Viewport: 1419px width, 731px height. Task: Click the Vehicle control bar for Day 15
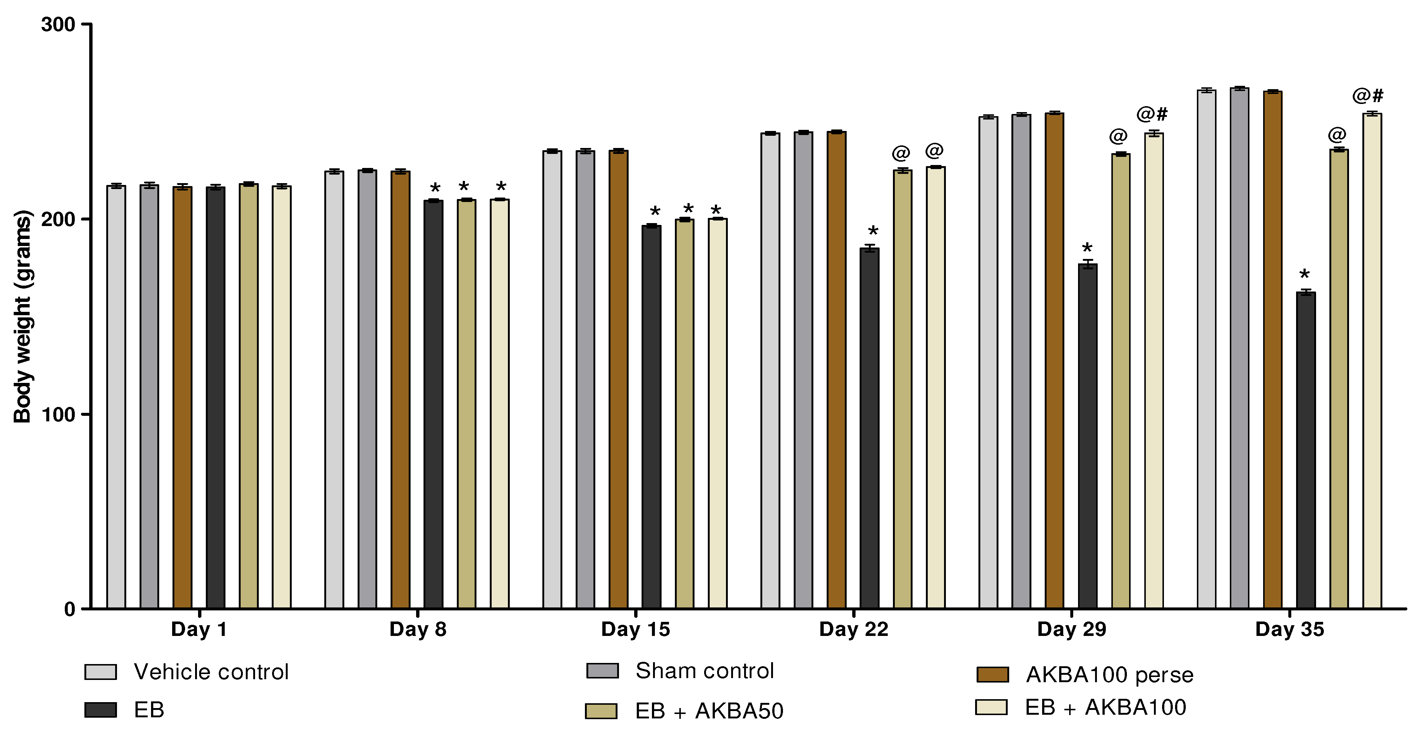552,380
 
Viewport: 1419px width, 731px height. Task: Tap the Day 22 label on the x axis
853,629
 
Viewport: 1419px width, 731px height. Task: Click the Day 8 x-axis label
418,629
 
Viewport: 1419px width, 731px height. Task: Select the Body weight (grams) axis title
23,317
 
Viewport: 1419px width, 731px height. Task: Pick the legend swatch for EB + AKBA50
601,711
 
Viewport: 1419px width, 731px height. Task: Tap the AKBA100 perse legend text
1110,675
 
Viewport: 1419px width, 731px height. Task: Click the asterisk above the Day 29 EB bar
1087,248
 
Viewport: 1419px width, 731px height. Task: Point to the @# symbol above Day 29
1152,114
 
